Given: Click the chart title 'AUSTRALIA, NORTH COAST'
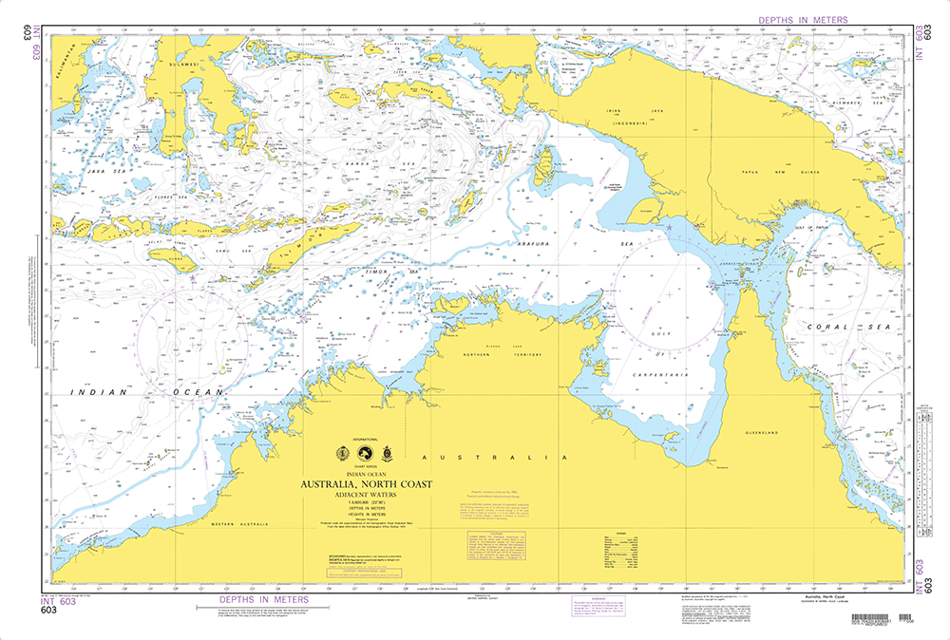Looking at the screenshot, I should tap(366, 484).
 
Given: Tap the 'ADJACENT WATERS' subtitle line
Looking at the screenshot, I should tap(366, 495).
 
